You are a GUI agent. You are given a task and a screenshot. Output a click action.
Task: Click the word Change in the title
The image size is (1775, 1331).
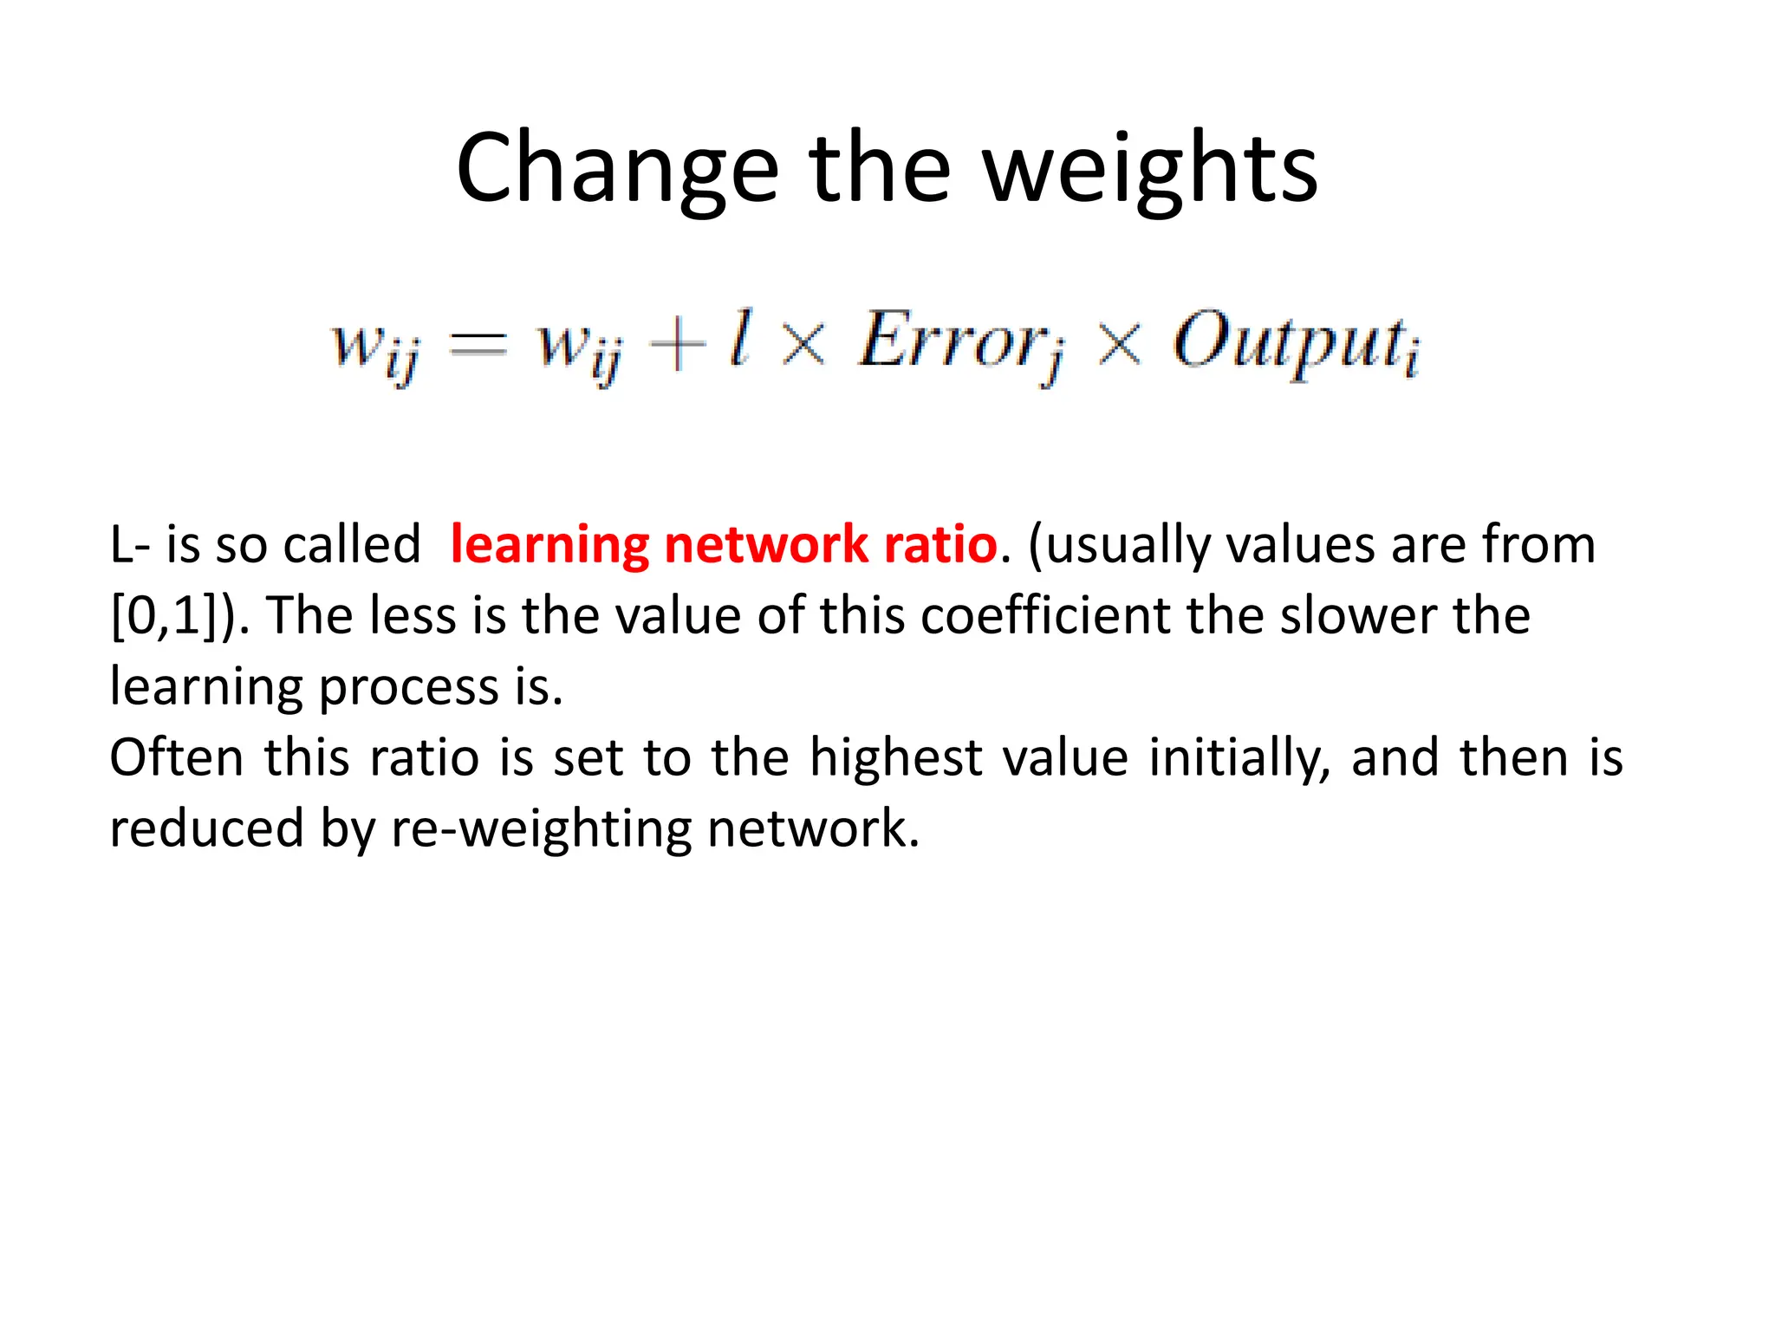[x=617, y=169]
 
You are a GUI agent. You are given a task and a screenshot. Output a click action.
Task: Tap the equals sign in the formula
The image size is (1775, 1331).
[x=478, y=344]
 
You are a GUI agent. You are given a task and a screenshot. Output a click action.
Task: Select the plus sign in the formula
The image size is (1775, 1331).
[x=677, y=344]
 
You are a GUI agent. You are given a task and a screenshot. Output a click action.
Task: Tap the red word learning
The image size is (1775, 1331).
[x=549, y=545]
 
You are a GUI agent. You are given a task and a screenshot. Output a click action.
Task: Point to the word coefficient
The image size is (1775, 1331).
[x=1045, y=616]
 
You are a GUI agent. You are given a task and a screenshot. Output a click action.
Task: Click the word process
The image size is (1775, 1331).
[x=408, y=689]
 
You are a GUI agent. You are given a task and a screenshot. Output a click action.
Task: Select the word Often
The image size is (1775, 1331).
[x=177, y=757]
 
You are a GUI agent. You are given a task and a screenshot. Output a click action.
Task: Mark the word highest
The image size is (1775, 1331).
[x=895, y=757]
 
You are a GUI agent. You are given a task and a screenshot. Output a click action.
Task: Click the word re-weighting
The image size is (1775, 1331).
[x=542, y=830]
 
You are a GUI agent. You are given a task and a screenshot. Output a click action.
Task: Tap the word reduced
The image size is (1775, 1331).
[x=206, y=828]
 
